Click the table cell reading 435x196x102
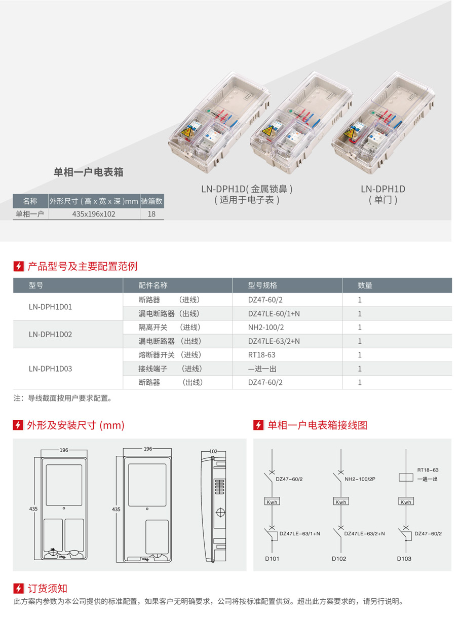tap(94, 214)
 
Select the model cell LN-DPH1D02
tap(50, 334)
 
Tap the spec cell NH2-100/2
tap(266, 327)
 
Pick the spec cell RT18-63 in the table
tap(261, 355)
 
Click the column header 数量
tap(365, 285)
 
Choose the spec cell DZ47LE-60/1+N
tap(274, 313)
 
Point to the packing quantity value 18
tap(151, 214)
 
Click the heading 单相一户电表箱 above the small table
tap(88, 172)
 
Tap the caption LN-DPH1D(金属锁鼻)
tap(247, 189)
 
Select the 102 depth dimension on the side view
tap(213, 451)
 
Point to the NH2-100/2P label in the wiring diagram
tap(360, 479)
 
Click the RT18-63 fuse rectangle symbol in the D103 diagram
tap(406, 478)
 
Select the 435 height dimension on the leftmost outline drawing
tap(33, 509)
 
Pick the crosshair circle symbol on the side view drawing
tap(220, 512)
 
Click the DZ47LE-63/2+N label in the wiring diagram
tap(365, 533)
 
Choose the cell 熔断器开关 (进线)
tap(170, 355)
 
